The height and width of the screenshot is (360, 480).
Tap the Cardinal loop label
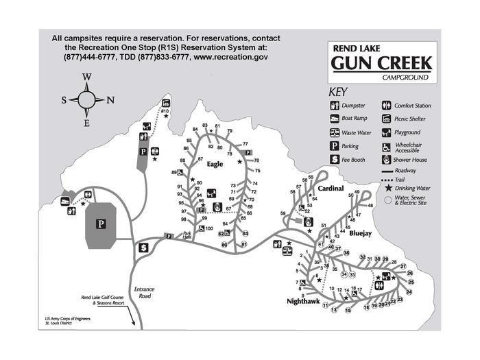(x=331, y=188)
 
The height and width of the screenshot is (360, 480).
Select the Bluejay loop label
(x=360, y=233)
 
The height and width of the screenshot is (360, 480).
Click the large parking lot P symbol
(x=100, y=224)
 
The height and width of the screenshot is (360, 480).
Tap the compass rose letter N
(x=110, y=100)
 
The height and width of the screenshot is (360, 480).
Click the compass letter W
(x=87, y=77)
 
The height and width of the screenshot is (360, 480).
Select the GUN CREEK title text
(x=381, y=64)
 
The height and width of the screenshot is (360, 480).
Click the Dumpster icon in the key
(x=335, y=106)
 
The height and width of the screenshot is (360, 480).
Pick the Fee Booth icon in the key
(x=335, y=159)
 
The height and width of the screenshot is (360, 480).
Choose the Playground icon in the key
(x=385, y=132)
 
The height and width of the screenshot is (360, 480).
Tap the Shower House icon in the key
(x=385, y=159)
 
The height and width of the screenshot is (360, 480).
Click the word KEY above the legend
(x=339, y=91)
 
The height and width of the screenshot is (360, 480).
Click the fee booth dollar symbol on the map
(x=144, y=247)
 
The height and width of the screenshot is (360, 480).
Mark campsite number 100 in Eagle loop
(x=210, y=228)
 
